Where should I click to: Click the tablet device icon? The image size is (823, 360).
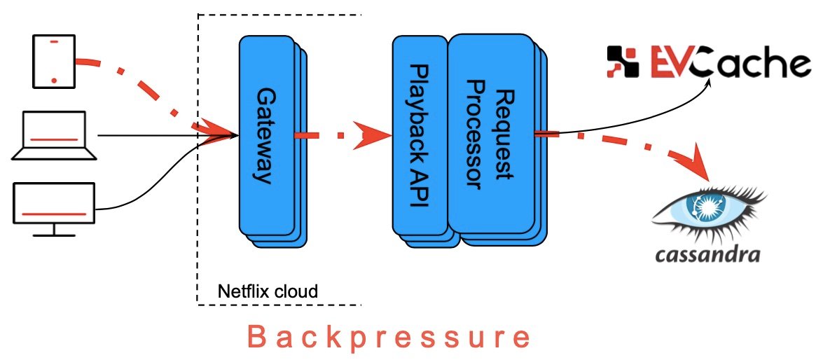point(54,62)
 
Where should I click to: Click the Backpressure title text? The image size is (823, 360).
point(389,338)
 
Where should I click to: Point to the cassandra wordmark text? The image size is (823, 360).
point(707,254)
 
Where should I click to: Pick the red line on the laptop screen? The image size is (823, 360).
point(54,140)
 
